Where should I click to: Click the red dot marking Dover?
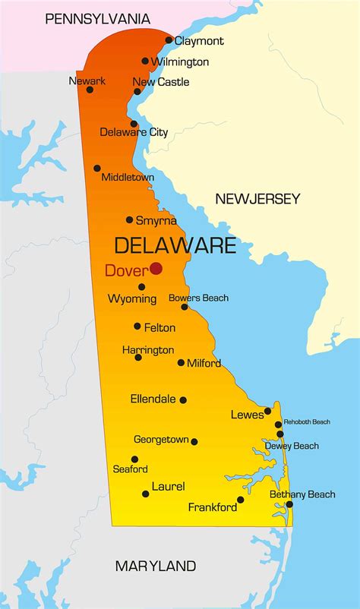click(x=156, y=268)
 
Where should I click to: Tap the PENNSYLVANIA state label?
click(x=97, y=19)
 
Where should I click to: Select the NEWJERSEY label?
click(x=257, y=199)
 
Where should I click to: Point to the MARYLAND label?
click(x=155, y=566)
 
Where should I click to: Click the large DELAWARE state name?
click(x=175, y=245)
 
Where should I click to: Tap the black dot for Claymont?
click(x=169, y=40)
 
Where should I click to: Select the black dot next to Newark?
click(x=90, y=90)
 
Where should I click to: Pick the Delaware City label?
click(x=134, y=132)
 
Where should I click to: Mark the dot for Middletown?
click(x=97, y=169)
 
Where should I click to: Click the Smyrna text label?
click(x=156, y=221)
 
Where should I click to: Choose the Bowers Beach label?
click(x=198, y=298)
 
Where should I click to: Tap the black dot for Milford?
click(x=181, y=363)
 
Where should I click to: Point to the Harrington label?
click(x=148, y=350)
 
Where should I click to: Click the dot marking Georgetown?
click(x=194, y=441)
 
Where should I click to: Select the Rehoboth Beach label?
click(x=307, y=422)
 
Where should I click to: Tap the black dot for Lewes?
click(x=267, y=411)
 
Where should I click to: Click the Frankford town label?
click(x=213, y=507)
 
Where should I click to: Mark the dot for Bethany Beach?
click(x=289, y=504)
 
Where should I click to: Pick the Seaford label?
click(x=130, y=469)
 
